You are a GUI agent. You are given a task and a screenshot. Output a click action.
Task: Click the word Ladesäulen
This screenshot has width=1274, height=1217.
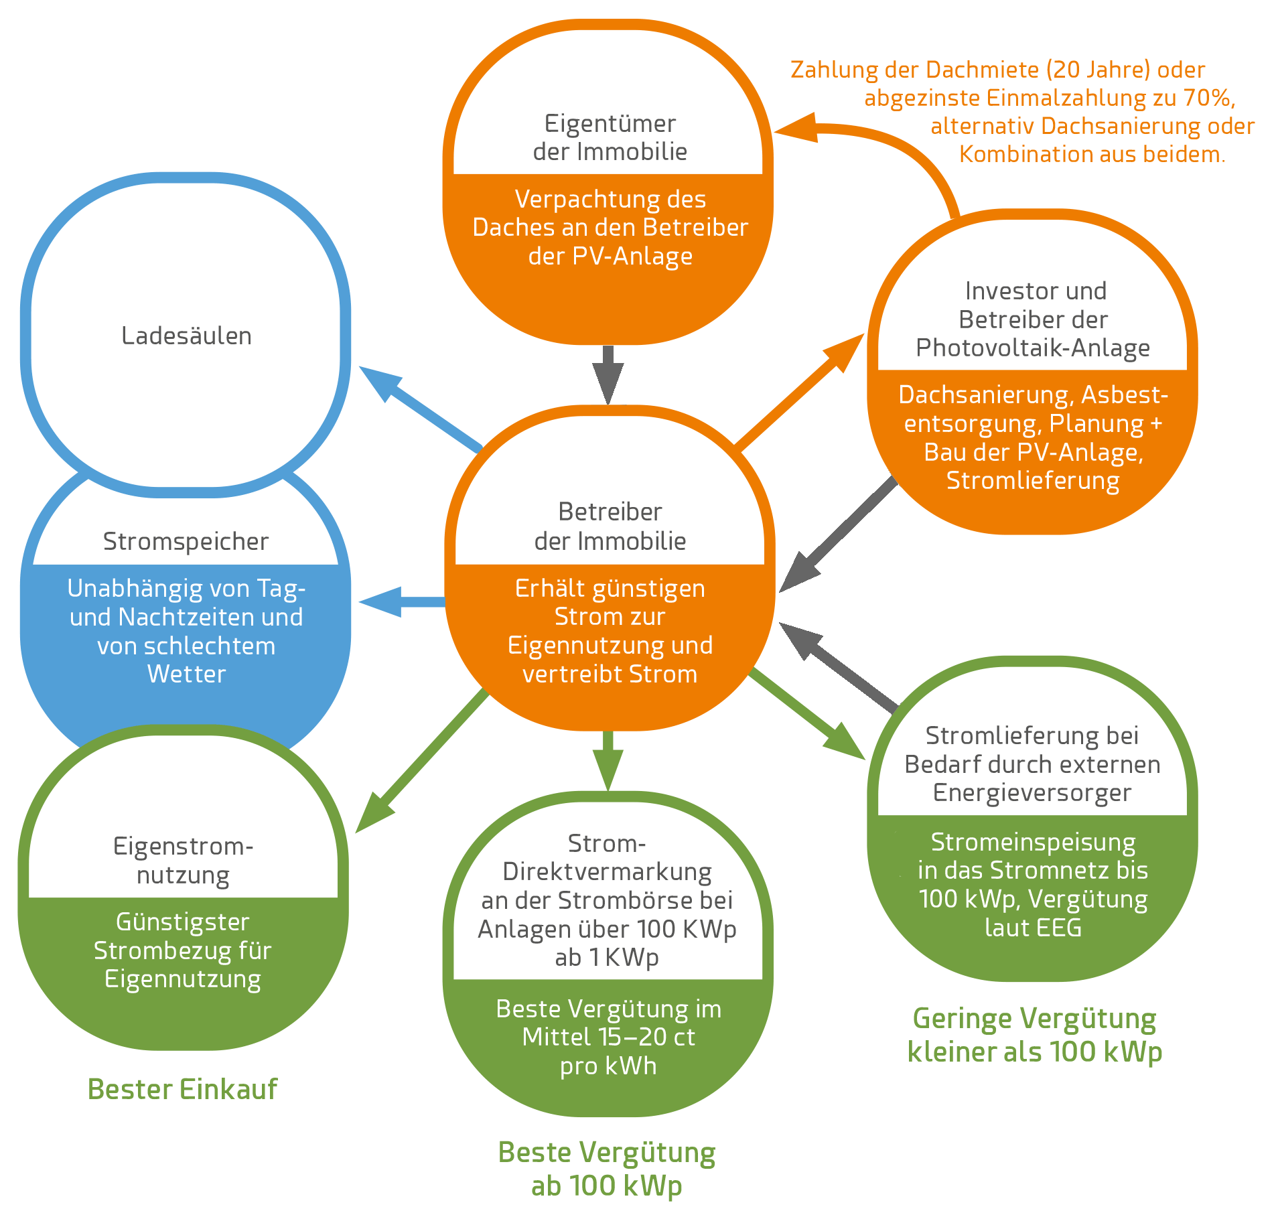click(x=186, y=336)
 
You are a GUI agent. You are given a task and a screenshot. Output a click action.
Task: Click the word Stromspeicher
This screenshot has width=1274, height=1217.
click(x=186, y=541)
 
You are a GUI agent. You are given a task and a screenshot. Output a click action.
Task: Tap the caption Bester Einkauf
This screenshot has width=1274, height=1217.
click(x=182, y=1089)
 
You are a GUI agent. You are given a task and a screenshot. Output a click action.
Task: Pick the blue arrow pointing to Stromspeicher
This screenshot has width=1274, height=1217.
click(x=402, y=601)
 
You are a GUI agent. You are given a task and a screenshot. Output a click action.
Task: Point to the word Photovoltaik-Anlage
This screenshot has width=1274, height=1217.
click(x=1032, y=348)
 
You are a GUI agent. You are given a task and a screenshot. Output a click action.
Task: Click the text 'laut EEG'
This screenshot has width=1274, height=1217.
click(x=1033, y=927)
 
